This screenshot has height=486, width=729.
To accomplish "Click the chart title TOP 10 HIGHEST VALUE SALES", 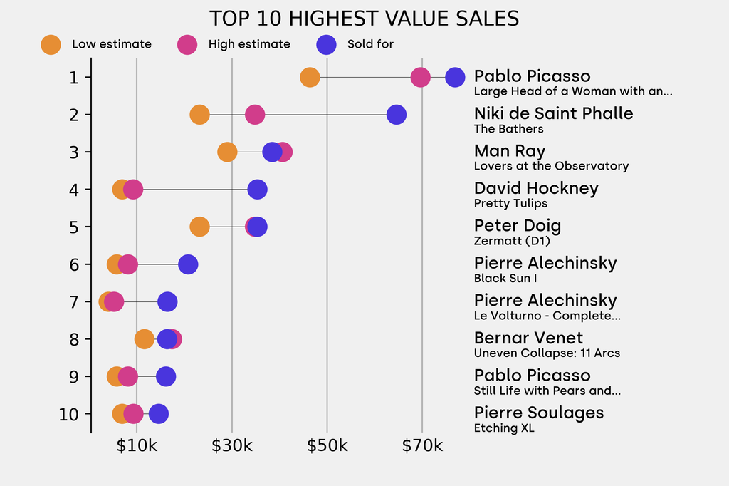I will click(364, 19).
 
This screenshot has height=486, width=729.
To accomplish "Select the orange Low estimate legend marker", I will click(51, 44).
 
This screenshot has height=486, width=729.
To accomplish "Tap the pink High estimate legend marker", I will click(187, 44).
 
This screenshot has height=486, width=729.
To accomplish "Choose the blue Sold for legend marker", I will click(326, 44).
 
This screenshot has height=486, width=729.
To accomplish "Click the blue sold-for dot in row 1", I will click(454, 77).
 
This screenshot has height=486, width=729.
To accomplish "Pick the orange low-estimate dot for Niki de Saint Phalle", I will click(199, 115).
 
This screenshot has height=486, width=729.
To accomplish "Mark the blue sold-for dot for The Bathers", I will click(396, 115).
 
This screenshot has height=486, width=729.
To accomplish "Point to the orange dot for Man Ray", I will click(227, 152).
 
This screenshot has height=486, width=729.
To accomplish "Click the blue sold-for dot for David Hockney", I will click(257, 190).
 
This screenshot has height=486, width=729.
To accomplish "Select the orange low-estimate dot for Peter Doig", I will click(200, 227).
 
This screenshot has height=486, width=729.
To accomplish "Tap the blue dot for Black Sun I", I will click(187, 264).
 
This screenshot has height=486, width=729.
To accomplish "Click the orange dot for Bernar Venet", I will click(145, 339).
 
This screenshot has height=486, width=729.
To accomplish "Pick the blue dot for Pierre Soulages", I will click(158, 414).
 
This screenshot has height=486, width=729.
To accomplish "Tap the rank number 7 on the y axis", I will click(74, 302).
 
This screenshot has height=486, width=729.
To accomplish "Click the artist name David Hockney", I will click(536, 188).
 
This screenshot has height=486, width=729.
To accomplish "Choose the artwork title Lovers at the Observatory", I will click(551, 166).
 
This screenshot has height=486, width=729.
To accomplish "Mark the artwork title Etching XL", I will click(504, 428).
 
